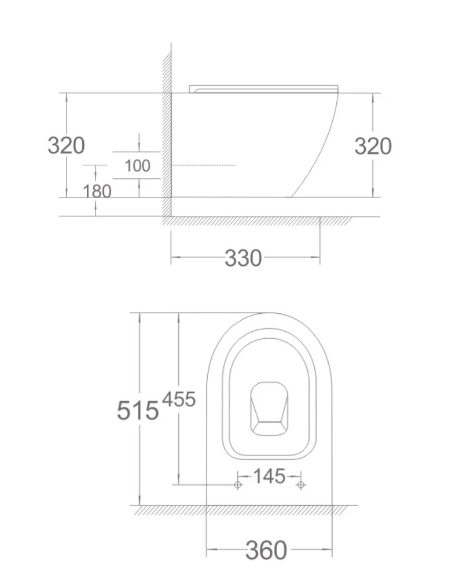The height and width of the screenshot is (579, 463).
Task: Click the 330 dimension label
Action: (x=243, y=258)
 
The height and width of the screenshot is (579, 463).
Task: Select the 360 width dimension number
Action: (x=266, y=550)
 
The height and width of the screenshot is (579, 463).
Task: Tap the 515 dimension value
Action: (x=138, y=411)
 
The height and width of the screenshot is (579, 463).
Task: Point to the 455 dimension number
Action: (x=179, y=399)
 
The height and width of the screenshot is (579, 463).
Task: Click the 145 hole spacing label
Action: (x=269, y=476)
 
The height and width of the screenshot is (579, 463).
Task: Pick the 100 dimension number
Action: (x=137, y=166)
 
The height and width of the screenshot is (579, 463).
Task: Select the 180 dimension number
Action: (x=97, y=191)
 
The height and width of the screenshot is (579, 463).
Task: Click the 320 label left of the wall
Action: (x=66, y=145)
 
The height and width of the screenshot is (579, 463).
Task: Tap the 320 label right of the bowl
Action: (x=373, y=146)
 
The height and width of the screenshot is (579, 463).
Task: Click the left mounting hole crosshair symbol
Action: (x=238, y=485)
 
